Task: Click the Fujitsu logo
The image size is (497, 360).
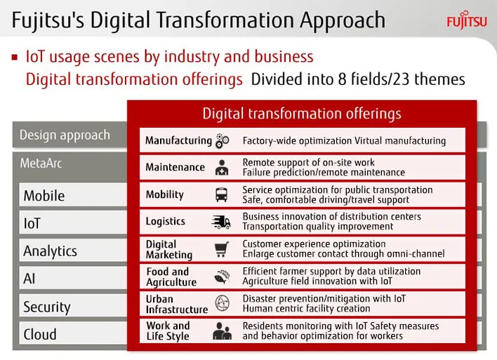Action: pyautogui.click(x=467, y=20)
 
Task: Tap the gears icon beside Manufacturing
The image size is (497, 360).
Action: pyautogui.click(x=222, y=141)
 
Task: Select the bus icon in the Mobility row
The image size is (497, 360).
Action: pyautogui.click(x=221, y=194)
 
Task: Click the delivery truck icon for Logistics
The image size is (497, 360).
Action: pyautogui.click(x=221, y=222)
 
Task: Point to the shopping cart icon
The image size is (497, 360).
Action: pyautogui.click(x=222, y=249)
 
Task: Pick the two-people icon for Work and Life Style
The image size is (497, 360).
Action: pyautogui.click(x=222, y=331)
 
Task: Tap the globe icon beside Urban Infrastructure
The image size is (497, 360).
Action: pyautogui.click(x=222, y=303)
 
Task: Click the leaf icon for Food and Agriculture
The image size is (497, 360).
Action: pyautogui.click(x=222, y=276)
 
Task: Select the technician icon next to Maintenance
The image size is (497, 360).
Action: pyautogui.click(x=222, y=168)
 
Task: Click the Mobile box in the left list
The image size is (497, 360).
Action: pyautogui.click(x=73, y=195)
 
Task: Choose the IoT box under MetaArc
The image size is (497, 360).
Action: pyautogui.click(x=73, y=222)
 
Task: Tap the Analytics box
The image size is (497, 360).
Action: pyautogui.click(x=73, y=251)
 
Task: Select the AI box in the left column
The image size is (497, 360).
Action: pyautogui.click(x=73, y=278)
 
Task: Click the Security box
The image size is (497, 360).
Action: pyautogui.click(x=73, y=306)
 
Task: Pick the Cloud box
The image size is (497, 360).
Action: pyautogui.click(x=73, y=333)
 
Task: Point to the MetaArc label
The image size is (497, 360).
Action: pyautogui.click(x=41, y=164)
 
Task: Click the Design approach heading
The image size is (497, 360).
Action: pyautogui.click(x=65, y=135)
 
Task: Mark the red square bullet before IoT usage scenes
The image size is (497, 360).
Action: pyautogui.click(x=14, y=58)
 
